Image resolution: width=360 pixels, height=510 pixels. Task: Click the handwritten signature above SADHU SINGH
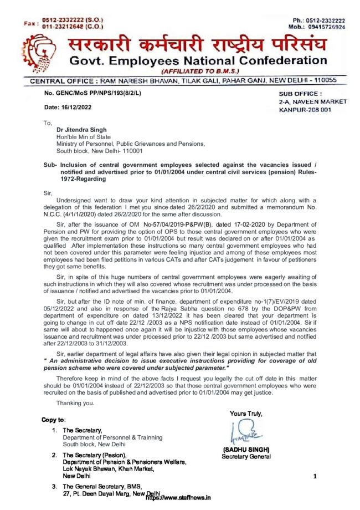point(244,430)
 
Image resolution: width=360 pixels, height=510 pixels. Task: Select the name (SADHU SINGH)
point(246,449)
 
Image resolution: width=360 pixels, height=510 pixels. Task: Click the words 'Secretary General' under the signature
point(246,456)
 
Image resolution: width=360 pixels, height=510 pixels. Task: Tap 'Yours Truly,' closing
point(246,414)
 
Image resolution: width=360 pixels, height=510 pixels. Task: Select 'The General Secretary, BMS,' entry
point(98,487)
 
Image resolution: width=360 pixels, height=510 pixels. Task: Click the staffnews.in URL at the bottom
point(178,498)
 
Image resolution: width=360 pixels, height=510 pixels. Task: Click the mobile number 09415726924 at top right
point(326,27)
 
